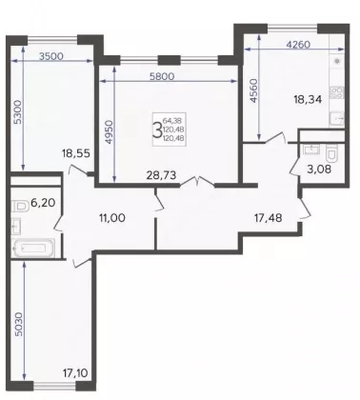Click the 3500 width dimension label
[x=51, y=56]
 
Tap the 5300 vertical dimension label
[x=18, y=112]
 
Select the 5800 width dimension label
[x=162, y=76]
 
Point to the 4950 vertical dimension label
[x=109, y=132]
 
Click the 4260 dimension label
[x=298, y=45]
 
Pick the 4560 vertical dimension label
[x=254, y=90]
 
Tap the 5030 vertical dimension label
[x=18, y=325]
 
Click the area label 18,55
[x=76, y=153]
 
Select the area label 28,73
[x=161, y=175]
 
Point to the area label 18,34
[x=308, y=100]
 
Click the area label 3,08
[x=319, y=170]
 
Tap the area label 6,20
[x=43, y=202]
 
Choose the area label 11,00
[x=112, y=218]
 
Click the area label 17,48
[x=269, y=218]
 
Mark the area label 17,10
[x=74, y=372]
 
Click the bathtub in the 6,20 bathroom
[x=32, y=249]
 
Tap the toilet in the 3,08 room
[x=331, y=152]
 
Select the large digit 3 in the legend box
[x=157, y=130]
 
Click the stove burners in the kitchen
[x=336, y=92]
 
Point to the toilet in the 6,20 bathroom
[x=20, y=207]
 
